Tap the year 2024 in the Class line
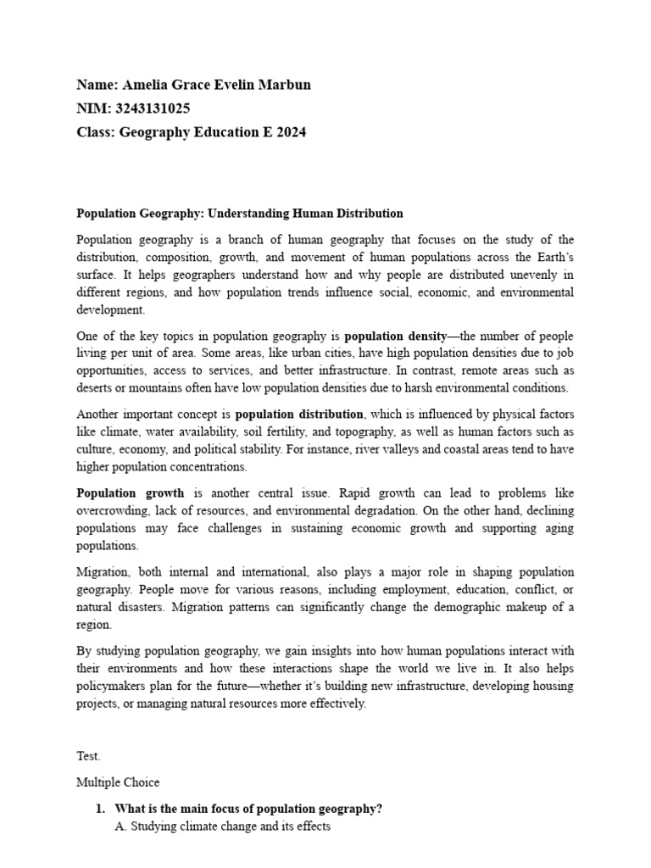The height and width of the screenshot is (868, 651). point(289,132)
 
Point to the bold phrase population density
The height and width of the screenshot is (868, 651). point(395,336)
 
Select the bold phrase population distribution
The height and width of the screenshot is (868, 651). point(299,415)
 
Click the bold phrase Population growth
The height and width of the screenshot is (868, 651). point(130,493)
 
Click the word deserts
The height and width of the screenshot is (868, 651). point(95,388)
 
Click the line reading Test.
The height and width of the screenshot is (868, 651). point(88,756)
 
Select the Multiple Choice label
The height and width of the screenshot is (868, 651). point(118,782)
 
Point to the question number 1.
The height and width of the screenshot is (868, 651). point(100,809)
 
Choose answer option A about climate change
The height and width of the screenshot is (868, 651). point(222,826)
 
